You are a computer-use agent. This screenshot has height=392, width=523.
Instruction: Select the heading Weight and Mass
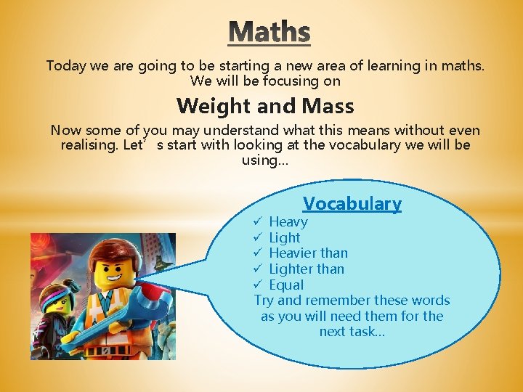pyautogui.click(x=265, y=106)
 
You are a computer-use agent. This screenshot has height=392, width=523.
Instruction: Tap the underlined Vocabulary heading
pyautogui.click(x=352, y=203)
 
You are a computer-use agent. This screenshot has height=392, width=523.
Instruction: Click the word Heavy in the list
pyautogui.click(x=288, y=221)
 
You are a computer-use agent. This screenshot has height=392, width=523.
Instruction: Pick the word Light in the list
pyautogui.click(x=285, y=237)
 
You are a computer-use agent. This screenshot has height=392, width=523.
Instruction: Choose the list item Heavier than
pyautogui.click(x=308, y=253)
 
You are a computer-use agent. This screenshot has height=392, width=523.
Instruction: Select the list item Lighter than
pyautogui.click(x=307, y=269)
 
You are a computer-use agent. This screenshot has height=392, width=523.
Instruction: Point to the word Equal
pyautogui.click(x=286, y=285)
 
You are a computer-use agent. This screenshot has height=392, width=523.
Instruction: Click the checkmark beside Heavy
pyautogui.click(x=259, y=221)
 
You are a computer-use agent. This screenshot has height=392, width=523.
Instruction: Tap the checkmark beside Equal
pyautogui.click(x=259, y=285)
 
